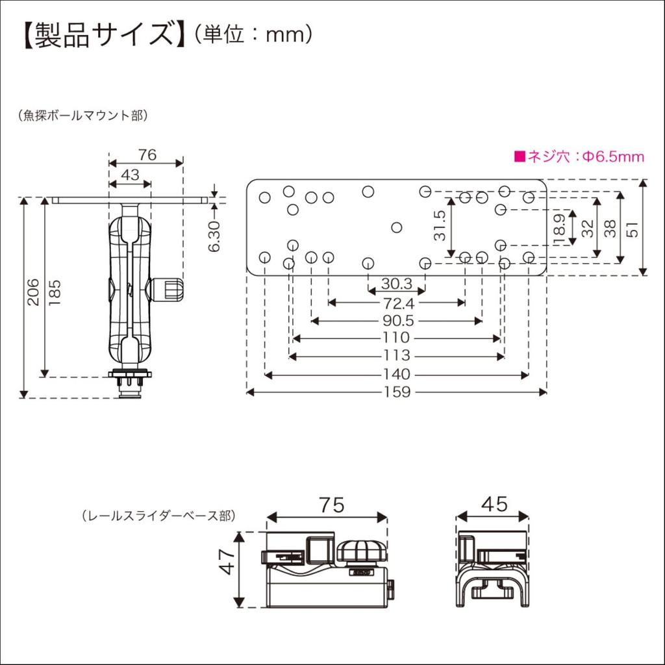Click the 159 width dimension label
[396, 392]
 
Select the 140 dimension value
[396, 375]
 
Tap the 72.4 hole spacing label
[397, 303]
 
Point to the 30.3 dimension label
[397, 284]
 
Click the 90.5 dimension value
[397, 321]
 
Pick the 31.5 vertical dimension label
[440, 225]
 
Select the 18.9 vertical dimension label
[560, 229]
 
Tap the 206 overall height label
[33, 292]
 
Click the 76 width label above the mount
[147, 155]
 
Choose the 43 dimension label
[130, 175]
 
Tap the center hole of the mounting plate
[397, 227]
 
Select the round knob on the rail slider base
[362, 553]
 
